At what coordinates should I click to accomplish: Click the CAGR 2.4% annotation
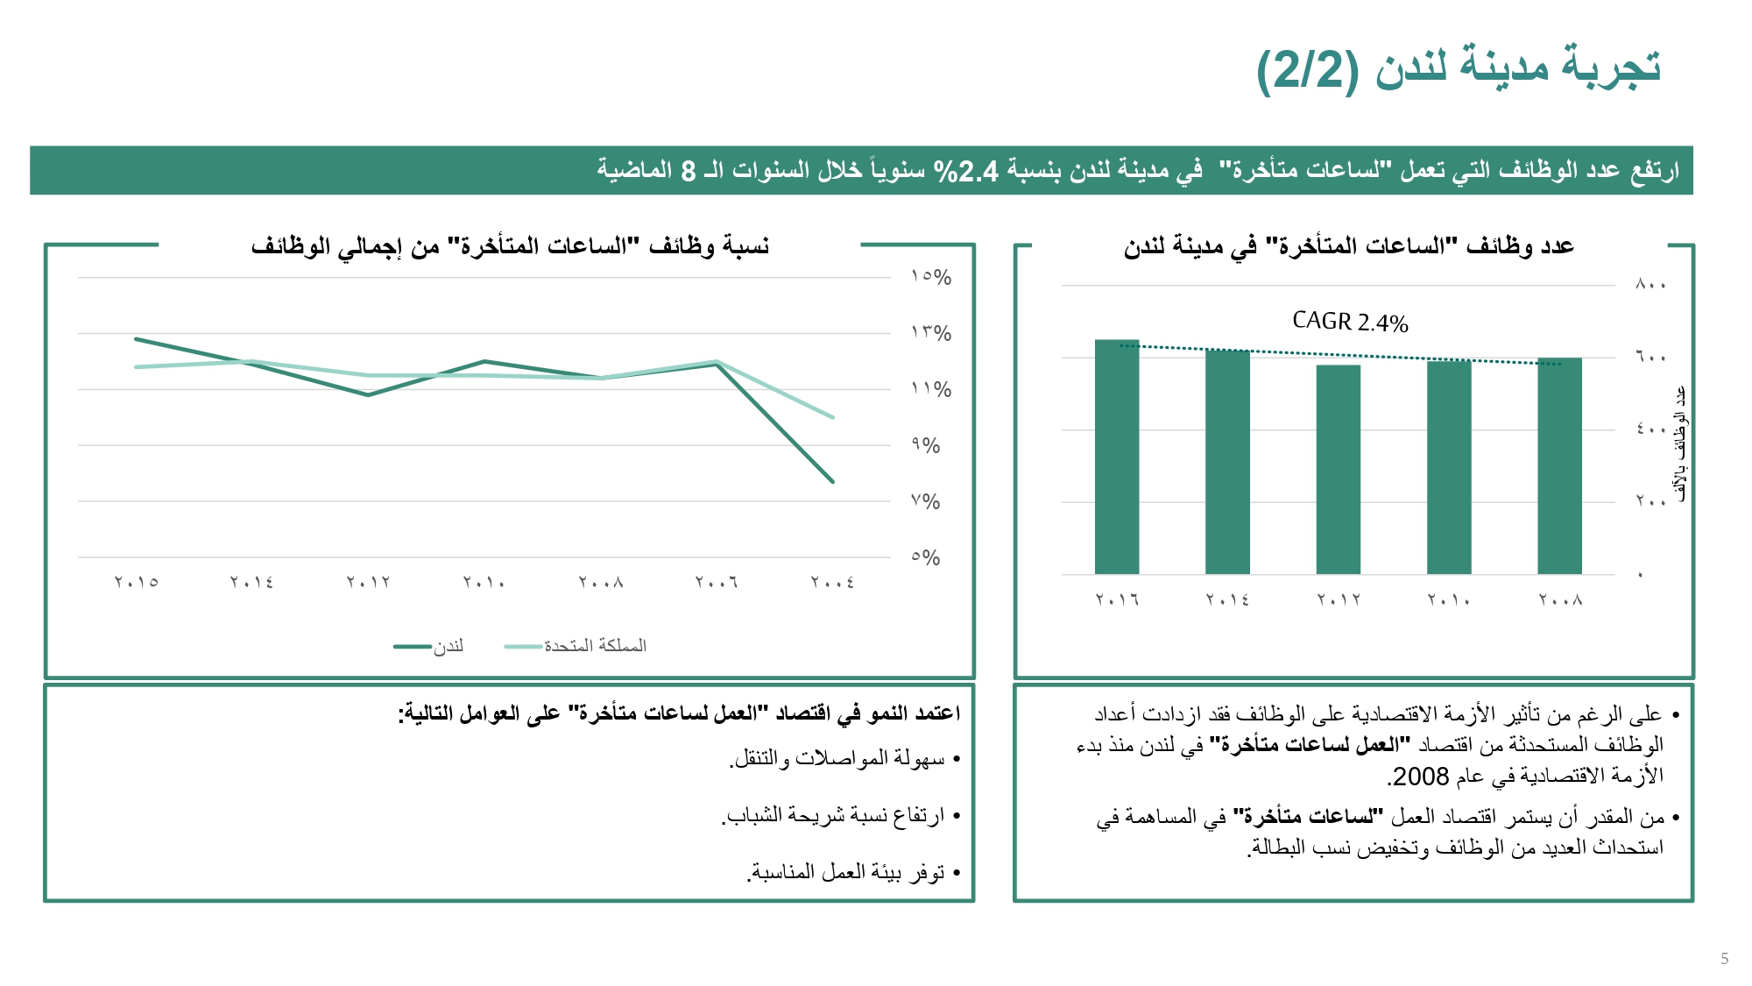[1350, 322]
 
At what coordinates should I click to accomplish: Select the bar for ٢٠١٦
[1117, 456]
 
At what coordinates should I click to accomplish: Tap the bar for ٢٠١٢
[1338, 469]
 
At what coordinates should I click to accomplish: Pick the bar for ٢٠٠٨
[1559, 465]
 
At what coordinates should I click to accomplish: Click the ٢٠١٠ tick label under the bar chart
[1448, 600]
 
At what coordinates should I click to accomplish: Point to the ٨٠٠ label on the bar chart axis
[1650, 285]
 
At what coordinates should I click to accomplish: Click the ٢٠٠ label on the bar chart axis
[1650, 502]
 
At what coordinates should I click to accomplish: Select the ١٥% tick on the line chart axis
[930, 277]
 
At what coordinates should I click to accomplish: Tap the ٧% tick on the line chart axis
[925, 502]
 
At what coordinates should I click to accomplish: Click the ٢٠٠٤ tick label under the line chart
[832, 582]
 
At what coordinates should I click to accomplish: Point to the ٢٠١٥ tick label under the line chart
[137, 582]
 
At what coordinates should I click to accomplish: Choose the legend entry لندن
[448, 647]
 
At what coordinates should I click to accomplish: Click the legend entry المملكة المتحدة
[595, 646]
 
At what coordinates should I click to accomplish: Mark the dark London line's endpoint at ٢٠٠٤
[832, 481]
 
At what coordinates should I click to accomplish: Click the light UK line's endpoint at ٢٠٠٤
[832, 417]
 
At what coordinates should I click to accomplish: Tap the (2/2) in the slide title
[1306, 69]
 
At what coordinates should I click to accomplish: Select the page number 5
[1724, 959]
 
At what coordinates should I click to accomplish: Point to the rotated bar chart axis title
[1679, 443]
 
